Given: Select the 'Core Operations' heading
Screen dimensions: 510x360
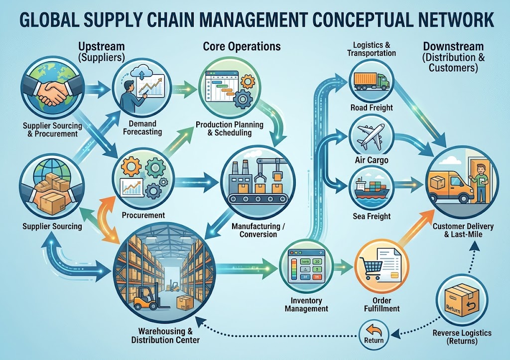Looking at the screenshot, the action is tap(242, 46).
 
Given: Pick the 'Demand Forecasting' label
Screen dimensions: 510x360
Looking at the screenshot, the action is tap(142, 128).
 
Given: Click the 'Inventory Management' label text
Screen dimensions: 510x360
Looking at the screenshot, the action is tap(306, 305).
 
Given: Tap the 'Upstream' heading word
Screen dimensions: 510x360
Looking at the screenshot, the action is tap(102, 46).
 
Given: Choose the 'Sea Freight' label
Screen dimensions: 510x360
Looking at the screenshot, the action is tap(372, 216).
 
